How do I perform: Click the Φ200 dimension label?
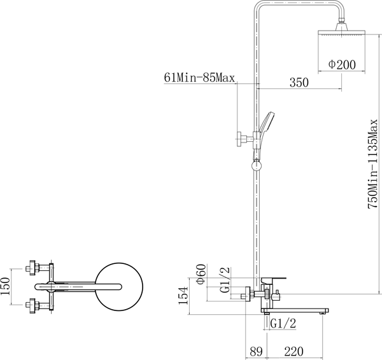[x=341, y=64]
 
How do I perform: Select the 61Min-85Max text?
[x=200, y=78]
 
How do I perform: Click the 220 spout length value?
[x=295, y=350]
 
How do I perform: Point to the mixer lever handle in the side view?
[x=275, y=279]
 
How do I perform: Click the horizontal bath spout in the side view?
[x=296, y=310]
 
